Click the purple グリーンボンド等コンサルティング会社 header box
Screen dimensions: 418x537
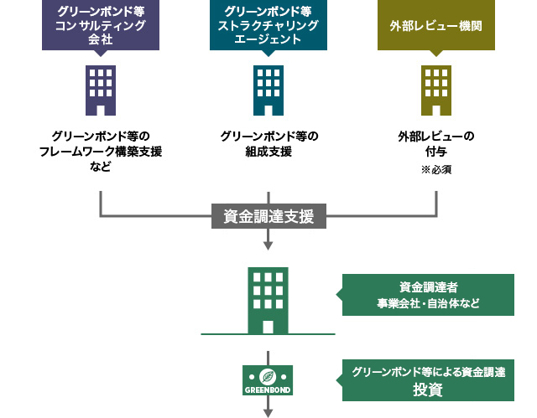coord(101,25)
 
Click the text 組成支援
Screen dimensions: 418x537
coord(268,151)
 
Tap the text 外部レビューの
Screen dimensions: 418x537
coord(436,136)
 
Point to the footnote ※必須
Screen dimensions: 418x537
coord(436,170)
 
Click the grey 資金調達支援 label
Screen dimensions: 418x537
coord(268,216)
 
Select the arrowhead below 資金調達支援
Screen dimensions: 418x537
coord(268,245)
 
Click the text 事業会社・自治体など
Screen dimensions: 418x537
coord(428,303)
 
